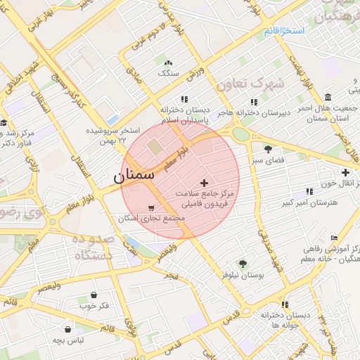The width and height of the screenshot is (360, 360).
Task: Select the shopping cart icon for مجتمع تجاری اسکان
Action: [x=152, y=207]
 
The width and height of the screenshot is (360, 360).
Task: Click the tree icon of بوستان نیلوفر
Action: [x=243, y=264]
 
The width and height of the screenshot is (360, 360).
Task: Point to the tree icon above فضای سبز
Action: [x=268, y=149]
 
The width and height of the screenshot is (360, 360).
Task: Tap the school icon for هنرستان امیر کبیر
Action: [x=309, y=191]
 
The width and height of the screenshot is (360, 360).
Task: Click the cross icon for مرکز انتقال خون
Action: [x=345, y=173]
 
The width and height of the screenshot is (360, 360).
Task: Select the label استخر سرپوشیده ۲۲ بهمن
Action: [x=114, y=136]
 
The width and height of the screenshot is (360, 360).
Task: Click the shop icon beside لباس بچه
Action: [x=67, y=328]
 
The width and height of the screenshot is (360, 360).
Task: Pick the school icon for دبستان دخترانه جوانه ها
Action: [x=285, y=304]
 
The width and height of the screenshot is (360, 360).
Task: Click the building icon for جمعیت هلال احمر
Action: [x=351, y=91]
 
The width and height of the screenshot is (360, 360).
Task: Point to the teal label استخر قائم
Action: [x=284, y=32]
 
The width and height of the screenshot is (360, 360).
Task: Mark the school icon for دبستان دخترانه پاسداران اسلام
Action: [x=184, y=100]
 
